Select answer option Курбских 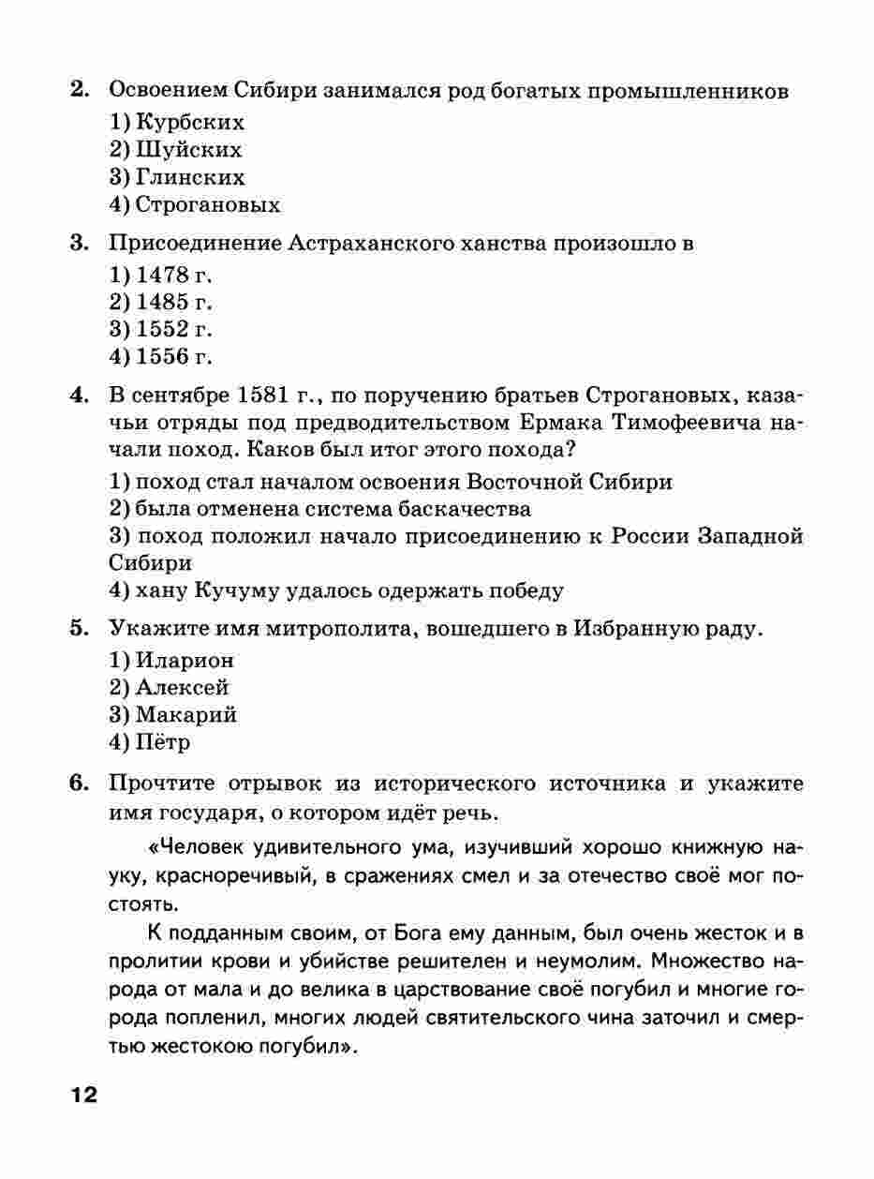tap(190, 123)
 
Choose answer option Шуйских tap(188, 150)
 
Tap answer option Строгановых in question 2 tap(207, 204)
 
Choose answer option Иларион tap(185, 661)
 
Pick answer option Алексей tap(182, 688)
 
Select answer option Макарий tap(185, 715)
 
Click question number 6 tap(79, 784)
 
